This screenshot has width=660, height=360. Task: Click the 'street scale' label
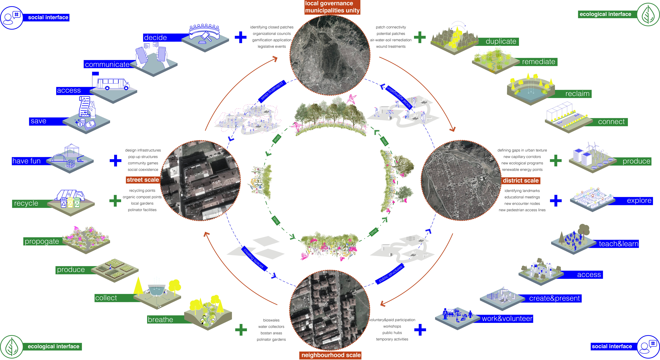pos(143,180)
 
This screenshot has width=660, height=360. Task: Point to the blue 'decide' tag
pos(156,38)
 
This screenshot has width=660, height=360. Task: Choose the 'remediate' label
pos(538,62)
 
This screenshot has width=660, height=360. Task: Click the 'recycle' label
pos(26,203)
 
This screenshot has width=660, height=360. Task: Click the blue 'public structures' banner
pos(390,274)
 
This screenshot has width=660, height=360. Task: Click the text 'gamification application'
pos(272,40)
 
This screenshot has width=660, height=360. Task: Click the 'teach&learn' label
pos(618,244)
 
